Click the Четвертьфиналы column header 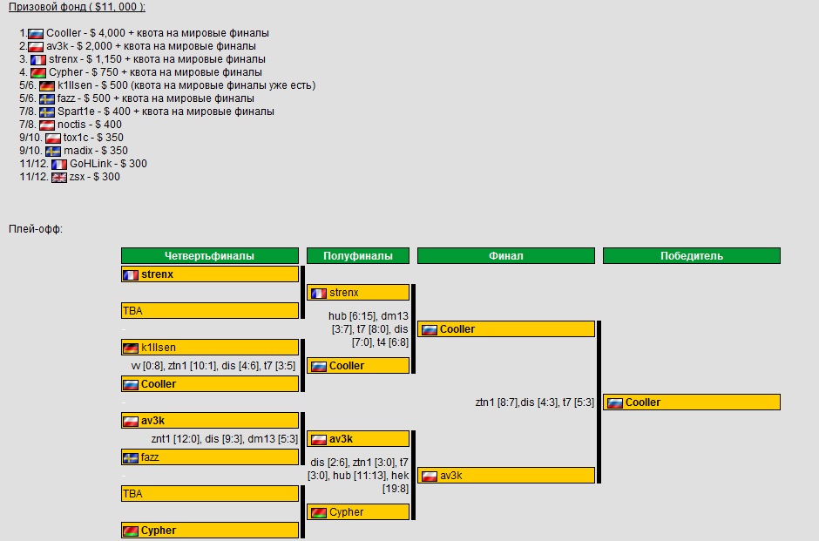[209, 256]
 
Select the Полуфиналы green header [358, 256]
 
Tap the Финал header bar [505, 256]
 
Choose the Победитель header [691, 256]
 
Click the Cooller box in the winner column [692, 402]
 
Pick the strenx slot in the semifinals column [358, 293]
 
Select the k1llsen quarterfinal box [209, 348]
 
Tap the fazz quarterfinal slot [209, 457]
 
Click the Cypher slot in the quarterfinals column [209, 530]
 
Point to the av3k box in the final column [505, 476]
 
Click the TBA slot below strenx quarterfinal [209, 310]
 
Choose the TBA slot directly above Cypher [209, 493]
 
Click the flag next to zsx [59, 177]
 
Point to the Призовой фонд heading [77, 7]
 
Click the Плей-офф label [36, 229]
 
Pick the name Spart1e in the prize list [77, 112]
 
